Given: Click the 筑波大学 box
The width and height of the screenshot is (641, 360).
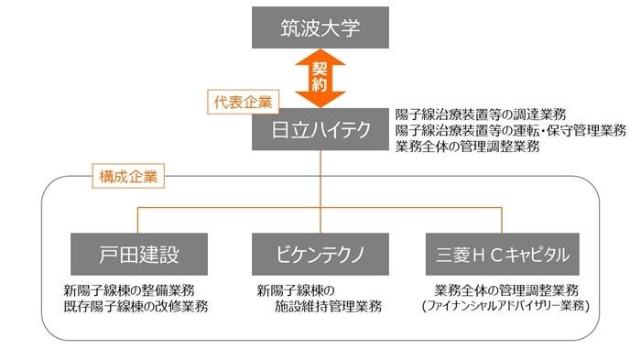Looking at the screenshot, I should [320, 27].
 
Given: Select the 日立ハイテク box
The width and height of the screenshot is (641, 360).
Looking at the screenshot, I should [320, 132].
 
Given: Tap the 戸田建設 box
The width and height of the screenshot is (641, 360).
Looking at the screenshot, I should [138, 254].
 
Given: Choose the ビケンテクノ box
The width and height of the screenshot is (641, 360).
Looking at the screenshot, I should [320, 254].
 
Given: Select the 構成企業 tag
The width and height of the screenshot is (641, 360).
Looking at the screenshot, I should [128, 175].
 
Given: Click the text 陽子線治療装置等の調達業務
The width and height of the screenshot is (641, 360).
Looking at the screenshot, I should [481, 115].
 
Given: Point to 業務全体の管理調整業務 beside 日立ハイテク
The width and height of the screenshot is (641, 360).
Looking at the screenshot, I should [467, 147].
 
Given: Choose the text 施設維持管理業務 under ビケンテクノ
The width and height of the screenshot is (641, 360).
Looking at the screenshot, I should [328, 307].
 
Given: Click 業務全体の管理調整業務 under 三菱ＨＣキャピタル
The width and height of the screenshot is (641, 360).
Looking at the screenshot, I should [505, 291].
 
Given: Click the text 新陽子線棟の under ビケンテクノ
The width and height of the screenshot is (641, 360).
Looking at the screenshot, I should [299, 291].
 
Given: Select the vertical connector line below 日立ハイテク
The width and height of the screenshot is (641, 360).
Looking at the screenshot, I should [320, 179].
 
